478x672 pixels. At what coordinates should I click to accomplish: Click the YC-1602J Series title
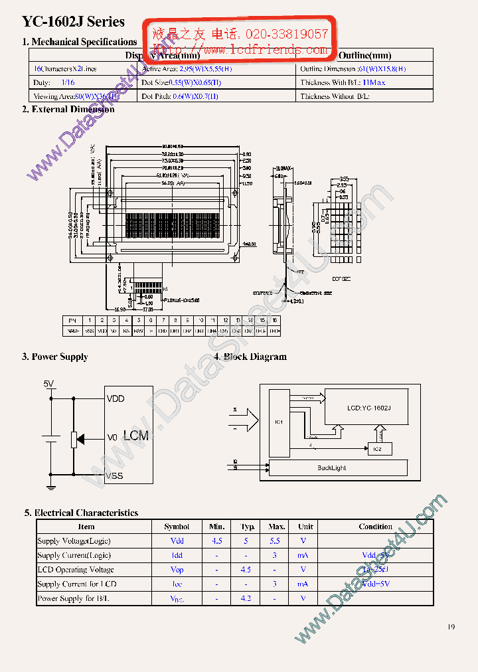coord(73,22)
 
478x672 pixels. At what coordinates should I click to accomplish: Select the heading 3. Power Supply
coord(54,357)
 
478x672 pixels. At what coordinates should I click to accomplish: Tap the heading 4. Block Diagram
coord(250,357)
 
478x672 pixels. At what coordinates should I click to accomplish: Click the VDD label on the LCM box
coord(116,398)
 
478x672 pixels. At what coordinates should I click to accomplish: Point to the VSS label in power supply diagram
coord(114,475)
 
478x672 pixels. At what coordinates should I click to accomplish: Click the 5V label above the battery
coord(49,384)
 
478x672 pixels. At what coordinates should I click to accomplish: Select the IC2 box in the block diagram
coord(378,450)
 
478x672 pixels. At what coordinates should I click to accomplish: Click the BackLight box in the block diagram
coord(331,467)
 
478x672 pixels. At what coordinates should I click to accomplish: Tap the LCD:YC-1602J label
coord(368,408)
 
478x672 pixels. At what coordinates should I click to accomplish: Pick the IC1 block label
coord(279,422)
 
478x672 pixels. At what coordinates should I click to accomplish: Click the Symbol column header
coord(177,527)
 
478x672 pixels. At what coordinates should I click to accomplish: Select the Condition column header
coord(375,527)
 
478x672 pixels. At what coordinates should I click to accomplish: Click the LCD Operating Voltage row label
coord(76,570)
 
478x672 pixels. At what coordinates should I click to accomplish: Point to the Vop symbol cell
coord(177,570)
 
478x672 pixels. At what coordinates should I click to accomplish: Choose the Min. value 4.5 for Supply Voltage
coord(217,541)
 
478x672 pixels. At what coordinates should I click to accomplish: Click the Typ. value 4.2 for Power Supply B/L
coord(246,598)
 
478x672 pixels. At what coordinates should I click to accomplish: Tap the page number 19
coord(451,627)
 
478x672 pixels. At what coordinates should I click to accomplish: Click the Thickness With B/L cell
coord(343,83)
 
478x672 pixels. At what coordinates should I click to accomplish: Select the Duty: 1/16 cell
coord(54,83)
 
